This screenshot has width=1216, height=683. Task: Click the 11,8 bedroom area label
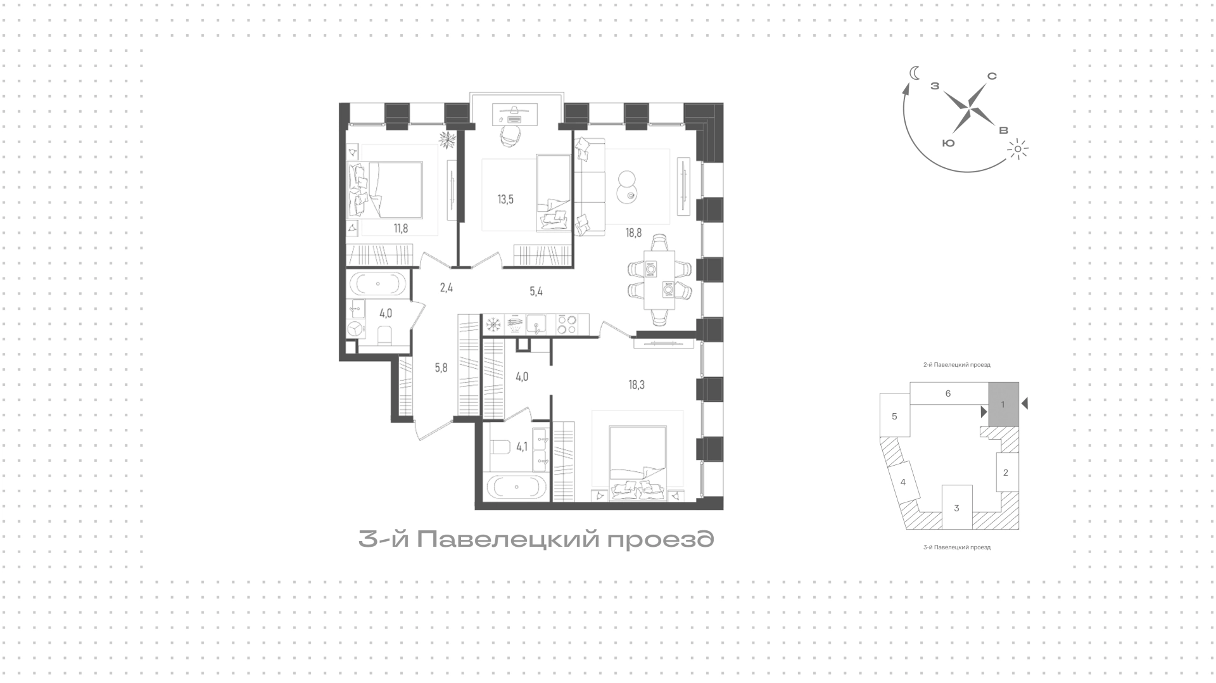click(400, 229)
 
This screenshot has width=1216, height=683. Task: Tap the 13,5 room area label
click(505, 200)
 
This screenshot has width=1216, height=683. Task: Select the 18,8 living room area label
click(634, 233)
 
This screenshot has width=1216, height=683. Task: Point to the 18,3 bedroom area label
click(636, 384)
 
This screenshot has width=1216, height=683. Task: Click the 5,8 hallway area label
click(441, 367)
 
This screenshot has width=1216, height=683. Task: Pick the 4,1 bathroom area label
click(522, 447)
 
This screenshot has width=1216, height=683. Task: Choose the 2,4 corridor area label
click(446, 287)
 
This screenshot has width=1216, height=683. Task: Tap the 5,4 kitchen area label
click(536, 291)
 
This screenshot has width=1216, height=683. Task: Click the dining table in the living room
click(659, 280)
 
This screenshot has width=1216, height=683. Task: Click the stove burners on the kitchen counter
click(566, 324)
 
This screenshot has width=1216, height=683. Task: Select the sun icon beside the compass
click(1017, 150)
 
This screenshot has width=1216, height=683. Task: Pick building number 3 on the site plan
click(956, 507)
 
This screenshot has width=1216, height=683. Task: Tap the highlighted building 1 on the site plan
click(1003, 404)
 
